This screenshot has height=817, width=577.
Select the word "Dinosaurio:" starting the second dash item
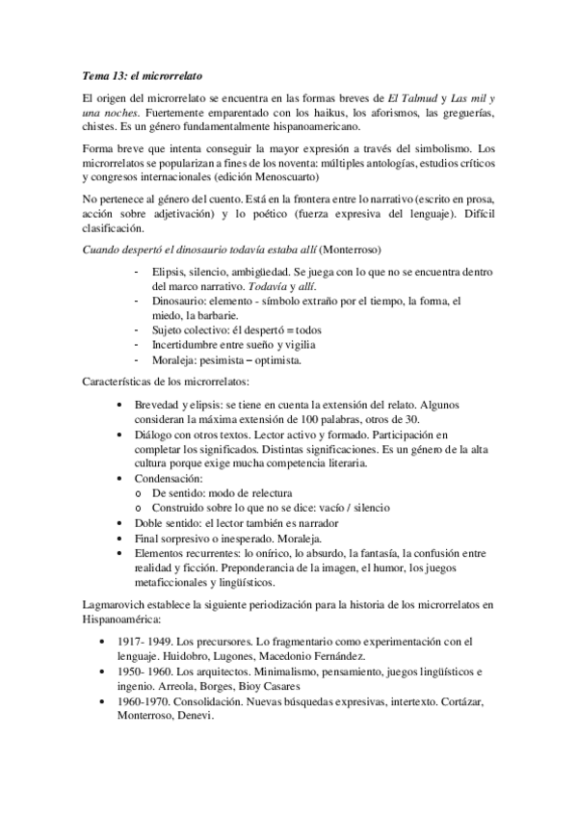180,301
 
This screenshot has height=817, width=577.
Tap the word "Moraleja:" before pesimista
177,360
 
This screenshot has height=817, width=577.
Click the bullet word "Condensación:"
169,478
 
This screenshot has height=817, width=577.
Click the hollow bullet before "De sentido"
140,493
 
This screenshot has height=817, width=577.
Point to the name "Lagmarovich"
118,604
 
